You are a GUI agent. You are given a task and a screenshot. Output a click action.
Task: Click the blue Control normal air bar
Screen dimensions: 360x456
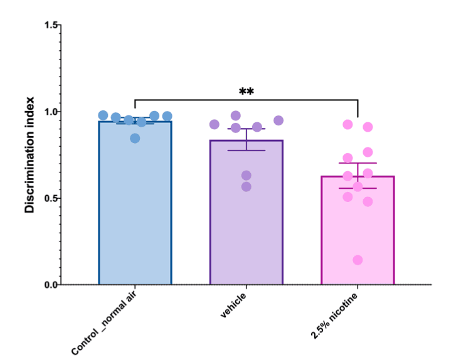(135, 207)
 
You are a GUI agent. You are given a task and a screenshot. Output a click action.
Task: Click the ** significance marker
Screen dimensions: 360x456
(247, 92)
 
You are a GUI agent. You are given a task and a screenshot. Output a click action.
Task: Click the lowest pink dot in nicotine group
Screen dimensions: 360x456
(358, 260)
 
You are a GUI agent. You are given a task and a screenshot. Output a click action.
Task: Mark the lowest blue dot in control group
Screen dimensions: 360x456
(135, 138)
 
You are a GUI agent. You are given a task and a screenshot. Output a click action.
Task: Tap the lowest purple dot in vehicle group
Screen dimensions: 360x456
(246, 186)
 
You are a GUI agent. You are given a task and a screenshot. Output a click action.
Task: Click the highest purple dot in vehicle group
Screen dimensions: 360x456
(236, 115)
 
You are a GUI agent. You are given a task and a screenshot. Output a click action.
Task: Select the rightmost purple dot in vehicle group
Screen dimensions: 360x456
(278, 120)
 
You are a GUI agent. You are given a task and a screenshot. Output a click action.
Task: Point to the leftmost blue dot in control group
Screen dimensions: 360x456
(103, 115)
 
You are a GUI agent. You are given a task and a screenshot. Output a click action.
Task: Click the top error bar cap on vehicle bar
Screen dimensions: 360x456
(246, 129)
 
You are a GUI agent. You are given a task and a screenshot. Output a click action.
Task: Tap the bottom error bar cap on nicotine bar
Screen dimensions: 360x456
(357, 188)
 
